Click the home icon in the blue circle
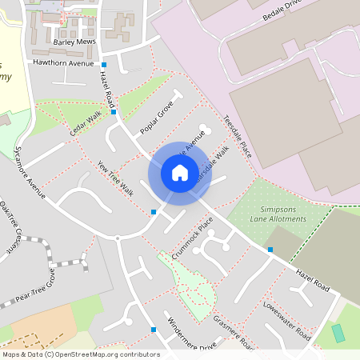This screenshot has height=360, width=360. click(x=179, y=173)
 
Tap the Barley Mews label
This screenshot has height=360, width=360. click(x=74, y=42)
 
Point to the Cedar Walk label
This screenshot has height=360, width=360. click(x=86, y=122)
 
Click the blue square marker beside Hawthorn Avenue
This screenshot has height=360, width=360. click(x=104, y=64)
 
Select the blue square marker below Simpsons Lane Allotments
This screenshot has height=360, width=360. click(x=270, y=250)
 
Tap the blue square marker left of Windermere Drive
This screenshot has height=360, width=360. click(x=153, y=329)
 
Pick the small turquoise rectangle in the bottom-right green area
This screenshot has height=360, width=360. click(x=338, y=333)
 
